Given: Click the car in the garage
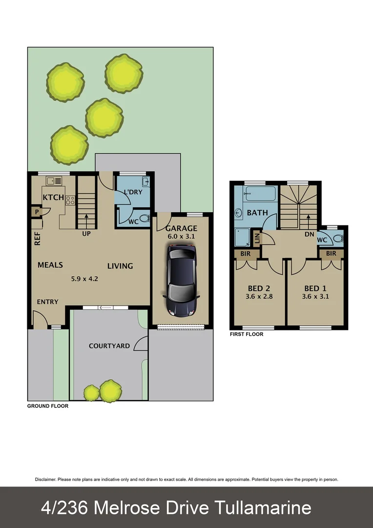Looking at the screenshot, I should click(x=181, y=280).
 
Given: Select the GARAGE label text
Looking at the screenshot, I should click(x=181, y=228).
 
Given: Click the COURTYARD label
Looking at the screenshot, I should click(x=109, y=346).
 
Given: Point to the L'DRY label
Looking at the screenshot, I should click(x=132, y=192).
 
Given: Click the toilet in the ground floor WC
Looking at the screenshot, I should click(x=144, y=218).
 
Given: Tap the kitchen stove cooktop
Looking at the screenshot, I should click(x=70, y=199).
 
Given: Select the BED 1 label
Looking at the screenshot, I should click(x=314, y=288).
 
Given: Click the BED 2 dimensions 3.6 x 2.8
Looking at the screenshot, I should click(x=259, y=296).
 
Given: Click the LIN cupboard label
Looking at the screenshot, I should click(x=257, y=238).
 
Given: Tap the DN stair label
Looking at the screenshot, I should click(x=309, y=234).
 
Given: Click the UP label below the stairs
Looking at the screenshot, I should click(x=86, y=233).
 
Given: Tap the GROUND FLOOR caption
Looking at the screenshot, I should click(x=48, y=406).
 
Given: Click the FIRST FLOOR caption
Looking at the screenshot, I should click(x=247, y=334).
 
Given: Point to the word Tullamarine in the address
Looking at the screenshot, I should click(x=258, y=507).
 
